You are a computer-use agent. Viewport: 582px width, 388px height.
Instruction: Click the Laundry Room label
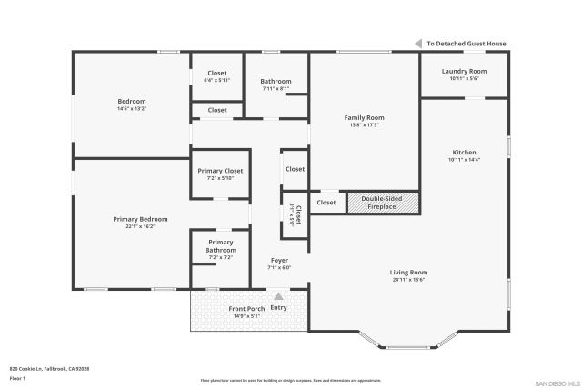[x=464, y=71]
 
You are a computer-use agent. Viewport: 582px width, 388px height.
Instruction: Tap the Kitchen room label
[x=464, y=152]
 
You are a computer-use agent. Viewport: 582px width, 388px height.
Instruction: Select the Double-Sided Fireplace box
[x=383, y=203]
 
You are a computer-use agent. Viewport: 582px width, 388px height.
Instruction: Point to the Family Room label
[x=363, y=117]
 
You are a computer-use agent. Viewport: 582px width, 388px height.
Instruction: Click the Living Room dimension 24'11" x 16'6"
[x=409, y=280]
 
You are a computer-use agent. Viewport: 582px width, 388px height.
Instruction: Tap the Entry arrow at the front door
[x=278, y=296]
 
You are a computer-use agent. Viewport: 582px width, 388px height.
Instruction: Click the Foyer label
[x=279, y=261]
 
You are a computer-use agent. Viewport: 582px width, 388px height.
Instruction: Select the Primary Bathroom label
[x=221, y=246]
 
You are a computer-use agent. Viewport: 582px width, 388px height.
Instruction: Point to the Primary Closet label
[x=220, y=170]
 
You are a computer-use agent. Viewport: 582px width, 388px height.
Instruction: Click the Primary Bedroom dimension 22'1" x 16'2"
[x=140, y=226]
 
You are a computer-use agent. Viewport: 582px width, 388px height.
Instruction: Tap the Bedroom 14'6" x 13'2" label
[x=132, y=101]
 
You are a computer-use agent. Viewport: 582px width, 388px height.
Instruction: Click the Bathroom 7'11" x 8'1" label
[x=276, y=82]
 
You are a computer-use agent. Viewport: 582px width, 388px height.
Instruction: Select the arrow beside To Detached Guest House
[x=420, y=44]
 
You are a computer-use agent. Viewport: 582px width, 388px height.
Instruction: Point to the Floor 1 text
[x=17, y=378]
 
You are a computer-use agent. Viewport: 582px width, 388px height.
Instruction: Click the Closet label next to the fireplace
[x=326, y=203]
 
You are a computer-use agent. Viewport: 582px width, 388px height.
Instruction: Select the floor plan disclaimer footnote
[x=290, y=381]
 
